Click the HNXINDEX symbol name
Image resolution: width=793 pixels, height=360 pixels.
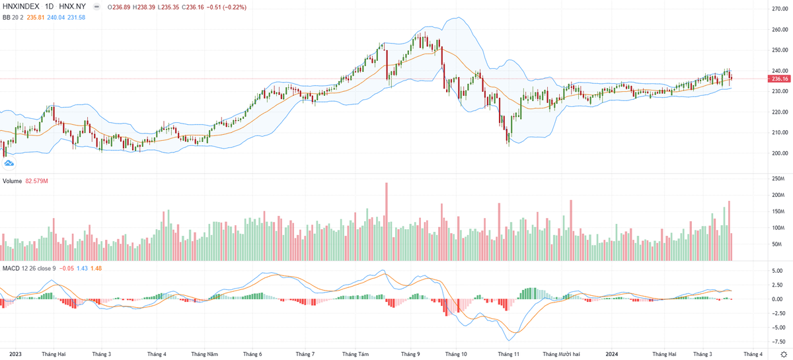[20, 6]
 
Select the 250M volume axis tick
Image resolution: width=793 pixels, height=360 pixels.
[777, 179]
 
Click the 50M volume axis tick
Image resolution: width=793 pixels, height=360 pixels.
[777, 244]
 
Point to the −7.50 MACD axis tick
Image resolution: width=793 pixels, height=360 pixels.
[779, 342]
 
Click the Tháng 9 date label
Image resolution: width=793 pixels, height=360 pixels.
[410, 354]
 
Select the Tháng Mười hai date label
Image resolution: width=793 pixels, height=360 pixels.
[561, 354]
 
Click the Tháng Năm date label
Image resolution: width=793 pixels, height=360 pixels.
[204, 354]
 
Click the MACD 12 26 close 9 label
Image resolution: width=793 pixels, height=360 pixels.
[29, 268]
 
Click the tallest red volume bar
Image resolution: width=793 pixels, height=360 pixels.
[386, 221]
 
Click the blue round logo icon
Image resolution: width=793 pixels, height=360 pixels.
[9, 164]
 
